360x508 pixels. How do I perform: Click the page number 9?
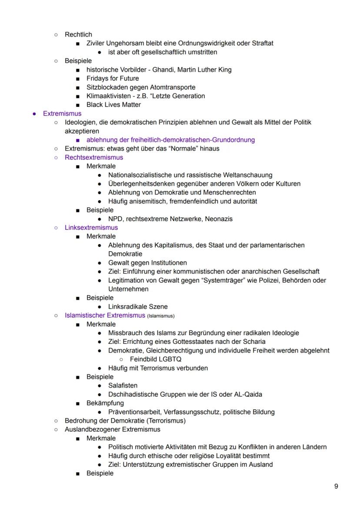336,486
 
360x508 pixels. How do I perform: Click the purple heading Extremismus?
62,113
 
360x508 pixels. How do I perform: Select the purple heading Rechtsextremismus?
93,157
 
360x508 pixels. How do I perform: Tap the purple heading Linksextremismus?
91,227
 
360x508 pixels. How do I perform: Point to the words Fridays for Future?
113,78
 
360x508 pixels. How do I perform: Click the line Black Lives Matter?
113,105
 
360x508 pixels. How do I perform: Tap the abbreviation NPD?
116,219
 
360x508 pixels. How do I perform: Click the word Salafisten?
123,385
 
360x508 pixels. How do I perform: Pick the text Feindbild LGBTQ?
156,359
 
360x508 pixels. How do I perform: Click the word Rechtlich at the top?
78,34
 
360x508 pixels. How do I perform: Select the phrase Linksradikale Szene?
138,306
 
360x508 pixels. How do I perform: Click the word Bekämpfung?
105,403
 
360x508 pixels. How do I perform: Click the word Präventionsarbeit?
134,412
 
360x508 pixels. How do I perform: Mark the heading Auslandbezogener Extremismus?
112,429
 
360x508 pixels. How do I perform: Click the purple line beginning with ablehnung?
170,139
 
